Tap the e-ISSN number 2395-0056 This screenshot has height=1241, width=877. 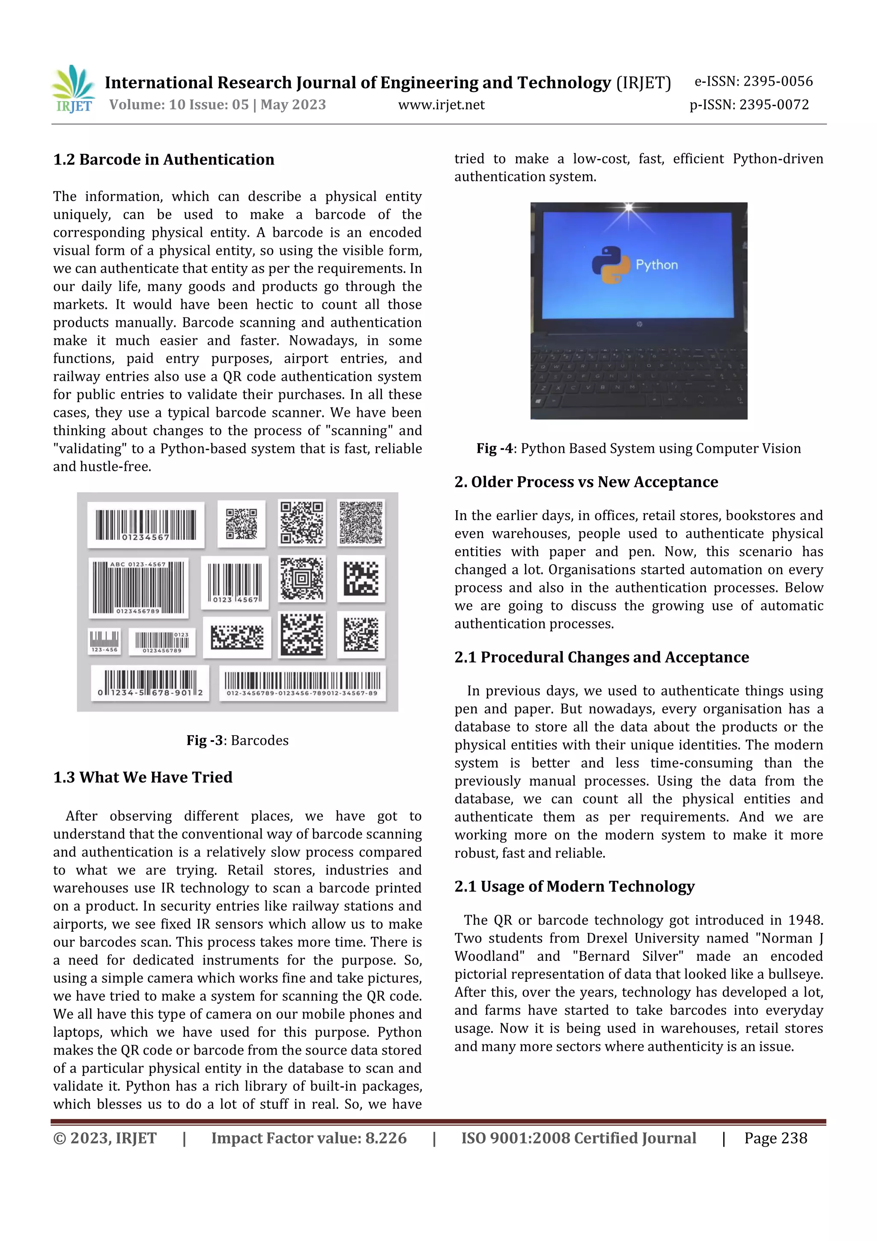point(778,82)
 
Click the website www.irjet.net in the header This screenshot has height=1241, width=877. point(441,105)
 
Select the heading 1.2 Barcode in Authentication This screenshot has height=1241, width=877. point(164,159)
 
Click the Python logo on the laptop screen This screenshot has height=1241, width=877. point(611,265)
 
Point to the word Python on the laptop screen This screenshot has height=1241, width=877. point(656,265)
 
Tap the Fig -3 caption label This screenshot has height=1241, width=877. point(204,741)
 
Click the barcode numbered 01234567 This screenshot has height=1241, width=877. point(146,525)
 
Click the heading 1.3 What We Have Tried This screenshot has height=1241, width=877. point(143,777)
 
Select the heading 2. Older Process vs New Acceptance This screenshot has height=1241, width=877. point(586,482)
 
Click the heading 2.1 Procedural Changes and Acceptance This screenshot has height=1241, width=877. point(601,657)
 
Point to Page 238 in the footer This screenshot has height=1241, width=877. point(776,1138)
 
